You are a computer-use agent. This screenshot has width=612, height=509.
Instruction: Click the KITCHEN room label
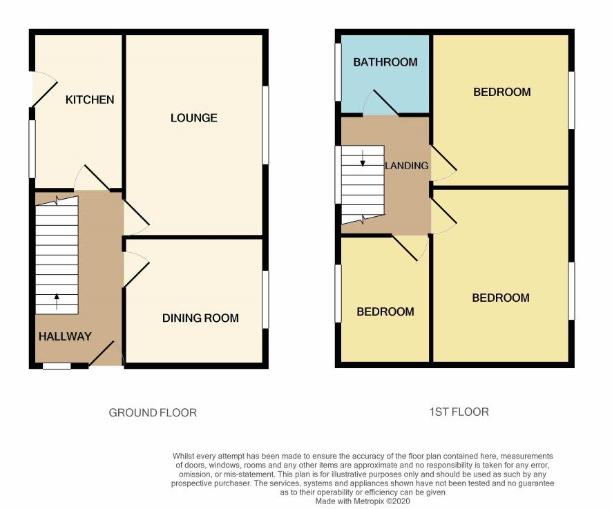pyautogui.click(x=90, y=100)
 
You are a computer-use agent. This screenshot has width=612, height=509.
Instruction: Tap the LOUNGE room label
pyautogui.click(x=194, y=118)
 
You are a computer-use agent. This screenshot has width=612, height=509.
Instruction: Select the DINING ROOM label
pyautogui.click(x=200, y=318)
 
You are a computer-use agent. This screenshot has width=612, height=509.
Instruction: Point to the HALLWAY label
pyautogui.click(x=65, y=336)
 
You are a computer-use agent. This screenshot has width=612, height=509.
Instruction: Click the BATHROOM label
pyautogui.click(x=385, y=62)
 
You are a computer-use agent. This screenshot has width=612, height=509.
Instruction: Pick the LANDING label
pyautogui.click(x=407, y=166)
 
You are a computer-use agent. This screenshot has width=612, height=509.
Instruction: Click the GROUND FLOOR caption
pyautogui.click(x=153, y=412)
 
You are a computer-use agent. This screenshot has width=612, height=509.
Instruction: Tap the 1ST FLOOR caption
pyautogui.click(x=459, y=412)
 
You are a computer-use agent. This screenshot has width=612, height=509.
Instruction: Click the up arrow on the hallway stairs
pyautogui.click(x=57, y=301)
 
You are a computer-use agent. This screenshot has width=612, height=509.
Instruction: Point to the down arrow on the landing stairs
pyautogui.click(x=363, y=158)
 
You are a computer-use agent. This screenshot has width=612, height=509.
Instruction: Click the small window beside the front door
pyautogui.click(x=57, y=366)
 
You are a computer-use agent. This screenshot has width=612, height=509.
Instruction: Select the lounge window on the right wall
pyautogui.click(x=265, y=125)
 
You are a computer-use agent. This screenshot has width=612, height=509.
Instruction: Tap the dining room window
pyautogui.click(x=265, y=299)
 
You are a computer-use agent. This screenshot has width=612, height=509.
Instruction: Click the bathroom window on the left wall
pyautogui.click(x=338, y=72)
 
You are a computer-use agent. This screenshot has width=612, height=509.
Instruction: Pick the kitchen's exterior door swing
pyautogui.click(x=44, y=89)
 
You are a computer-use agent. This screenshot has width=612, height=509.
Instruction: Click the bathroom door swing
pyautogui.click(x=380, y=103)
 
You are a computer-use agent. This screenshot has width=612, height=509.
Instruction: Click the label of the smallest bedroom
pyautogui.click(x=385, y=312)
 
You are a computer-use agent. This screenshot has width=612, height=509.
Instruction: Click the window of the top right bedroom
pyautogui.click(x=571, y=100)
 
